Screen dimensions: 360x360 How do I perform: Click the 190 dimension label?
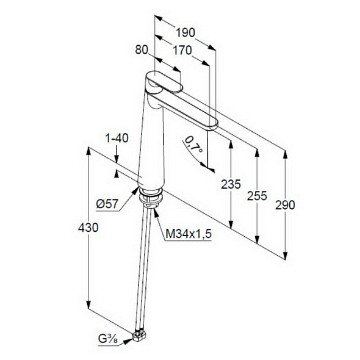coord(185,32)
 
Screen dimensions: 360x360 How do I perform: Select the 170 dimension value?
coord(182,50)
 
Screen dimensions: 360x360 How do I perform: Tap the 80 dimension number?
coord(142,49)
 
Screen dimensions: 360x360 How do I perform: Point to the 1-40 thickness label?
coord(117,139)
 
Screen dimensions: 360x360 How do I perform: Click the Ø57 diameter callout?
coord(107,204)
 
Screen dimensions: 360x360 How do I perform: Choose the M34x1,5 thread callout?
coord(189,234)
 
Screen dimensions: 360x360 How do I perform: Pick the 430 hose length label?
coord(88,228)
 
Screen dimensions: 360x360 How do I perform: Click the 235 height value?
coord(231,184)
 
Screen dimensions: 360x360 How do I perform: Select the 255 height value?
coord(257,196)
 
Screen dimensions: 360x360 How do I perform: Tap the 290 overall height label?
coord(285,205)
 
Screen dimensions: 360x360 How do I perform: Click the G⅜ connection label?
coord(107,339)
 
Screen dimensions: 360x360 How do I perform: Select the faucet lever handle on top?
coord(164,82)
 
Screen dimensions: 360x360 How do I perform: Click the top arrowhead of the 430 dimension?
coord(88,151)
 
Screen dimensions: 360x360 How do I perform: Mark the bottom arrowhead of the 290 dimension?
coord(285,255)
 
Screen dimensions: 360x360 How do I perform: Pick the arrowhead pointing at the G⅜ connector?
coord(128,341)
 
